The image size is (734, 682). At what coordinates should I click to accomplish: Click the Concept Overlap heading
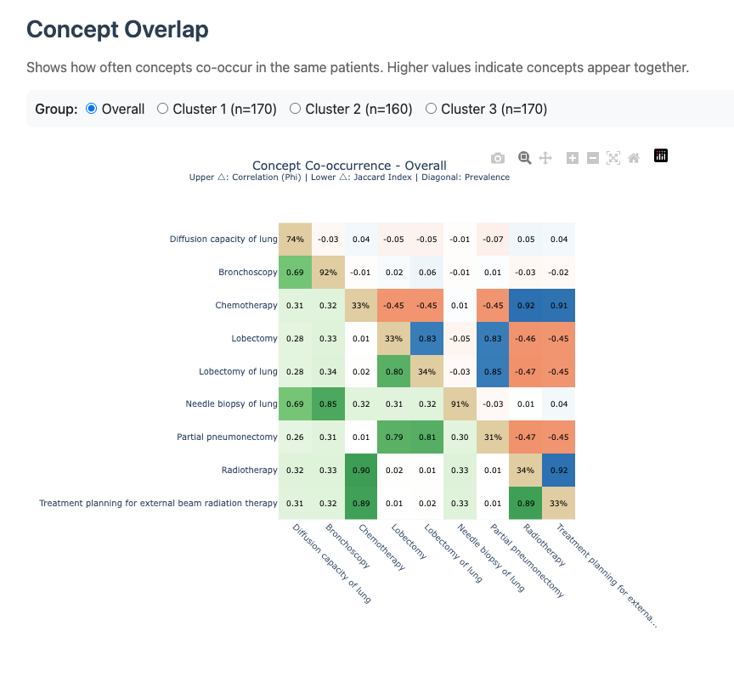pos(117,29)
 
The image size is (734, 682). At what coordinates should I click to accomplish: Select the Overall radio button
pos(92,109)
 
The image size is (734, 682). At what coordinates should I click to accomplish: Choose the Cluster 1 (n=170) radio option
pos(163,109)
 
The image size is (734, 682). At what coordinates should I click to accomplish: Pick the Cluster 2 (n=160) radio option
pos(296,109)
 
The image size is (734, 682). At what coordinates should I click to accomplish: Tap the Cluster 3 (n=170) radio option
pos(431,109)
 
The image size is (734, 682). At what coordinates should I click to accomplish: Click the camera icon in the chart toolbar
pos(498,158)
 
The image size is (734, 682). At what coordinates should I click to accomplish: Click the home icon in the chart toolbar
pos(634,158)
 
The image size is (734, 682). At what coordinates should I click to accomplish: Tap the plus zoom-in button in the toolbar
pos(573,158)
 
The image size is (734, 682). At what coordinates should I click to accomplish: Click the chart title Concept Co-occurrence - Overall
pos(349,166)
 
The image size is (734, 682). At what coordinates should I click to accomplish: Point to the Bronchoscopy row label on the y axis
pos(248,272)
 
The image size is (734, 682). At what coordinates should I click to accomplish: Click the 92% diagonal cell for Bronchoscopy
pos(328,272)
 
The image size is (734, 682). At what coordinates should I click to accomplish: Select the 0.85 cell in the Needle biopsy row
pos(328,404)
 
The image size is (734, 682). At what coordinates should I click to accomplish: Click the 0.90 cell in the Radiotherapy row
pos(361,471)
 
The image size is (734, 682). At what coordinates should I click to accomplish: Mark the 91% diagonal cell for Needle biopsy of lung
pos(460,404)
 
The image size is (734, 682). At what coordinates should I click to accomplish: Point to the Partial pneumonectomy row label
pos(227,437)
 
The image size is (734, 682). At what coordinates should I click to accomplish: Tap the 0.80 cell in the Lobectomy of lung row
pos(394,371)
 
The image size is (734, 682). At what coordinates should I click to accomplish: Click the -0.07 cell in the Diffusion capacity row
pos(493,240)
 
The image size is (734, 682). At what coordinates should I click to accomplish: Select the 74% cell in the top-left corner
pos(295,240)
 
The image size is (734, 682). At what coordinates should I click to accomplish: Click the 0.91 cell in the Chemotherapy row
pos(559,305)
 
